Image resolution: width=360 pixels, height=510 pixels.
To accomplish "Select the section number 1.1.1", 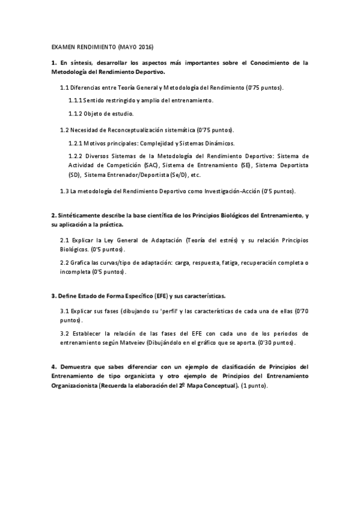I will click(x=76, y=100).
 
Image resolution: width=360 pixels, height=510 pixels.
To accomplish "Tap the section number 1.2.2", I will click(x=76, y=156).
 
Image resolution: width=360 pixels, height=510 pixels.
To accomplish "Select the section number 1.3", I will click(x=64, y=191).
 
